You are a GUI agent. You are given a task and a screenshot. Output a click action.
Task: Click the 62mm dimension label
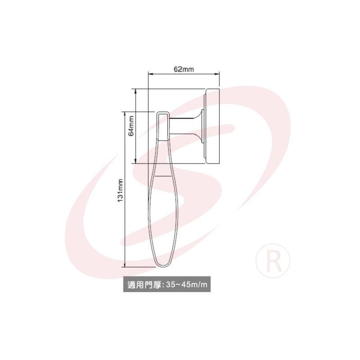[x=184, y=69]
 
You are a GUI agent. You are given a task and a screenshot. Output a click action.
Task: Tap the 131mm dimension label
[x=120, y=190]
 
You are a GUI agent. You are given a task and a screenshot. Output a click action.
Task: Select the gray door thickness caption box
[x=167, y=284]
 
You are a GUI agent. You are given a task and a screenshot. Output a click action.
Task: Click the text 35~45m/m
[x=187, y=284]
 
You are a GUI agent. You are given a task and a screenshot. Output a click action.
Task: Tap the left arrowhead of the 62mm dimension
[x=151, y=74]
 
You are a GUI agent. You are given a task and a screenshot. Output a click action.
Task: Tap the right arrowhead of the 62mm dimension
[x=217, y=74]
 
